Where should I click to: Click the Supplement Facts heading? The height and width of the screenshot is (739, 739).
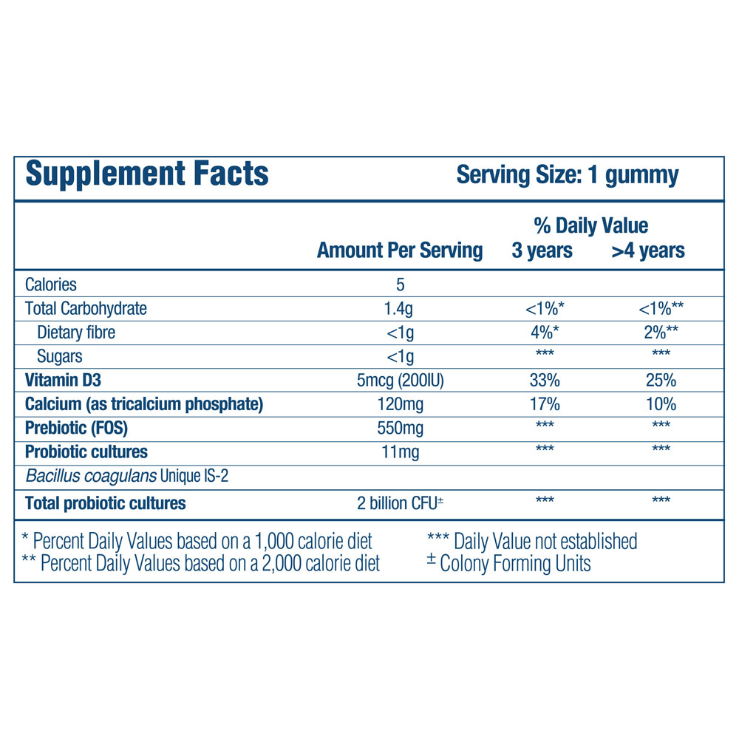click(147, 174)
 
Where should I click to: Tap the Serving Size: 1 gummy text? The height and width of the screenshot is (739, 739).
click(567, 175)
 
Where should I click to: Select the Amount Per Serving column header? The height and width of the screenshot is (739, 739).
click(400, 251)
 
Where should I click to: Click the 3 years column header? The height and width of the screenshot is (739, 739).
click(542, 251)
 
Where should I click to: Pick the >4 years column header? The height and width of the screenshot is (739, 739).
click(647, 251)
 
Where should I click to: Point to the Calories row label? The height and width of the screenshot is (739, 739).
click(51, 285)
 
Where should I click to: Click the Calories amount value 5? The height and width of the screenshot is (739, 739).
click(400, 285)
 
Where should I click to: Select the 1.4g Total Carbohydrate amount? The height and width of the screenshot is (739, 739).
click(400, 308)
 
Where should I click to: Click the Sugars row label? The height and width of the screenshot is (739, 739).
click(60, 356)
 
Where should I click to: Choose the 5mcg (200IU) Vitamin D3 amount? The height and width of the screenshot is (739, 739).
click(400, 381)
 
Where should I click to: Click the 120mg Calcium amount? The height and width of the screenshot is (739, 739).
click(400, 404)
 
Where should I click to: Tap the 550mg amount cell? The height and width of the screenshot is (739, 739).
click(400, 428)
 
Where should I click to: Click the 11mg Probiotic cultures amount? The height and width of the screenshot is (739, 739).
click(400, 452)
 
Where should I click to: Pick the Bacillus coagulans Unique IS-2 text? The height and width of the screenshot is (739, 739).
click(127, 477)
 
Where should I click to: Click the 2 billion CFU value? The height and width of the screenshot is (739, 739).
click(398, 503)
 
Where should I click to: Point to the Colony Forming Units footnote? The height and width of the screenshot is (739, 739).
click(515, 564)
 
